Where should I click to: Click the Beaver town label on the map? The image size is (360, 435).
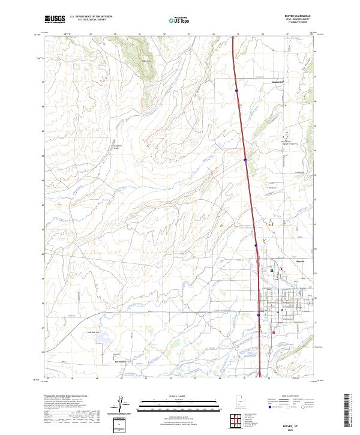tap(284, 262)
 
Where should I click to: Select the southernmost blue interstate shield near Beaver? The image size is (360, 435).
tap(259, 314)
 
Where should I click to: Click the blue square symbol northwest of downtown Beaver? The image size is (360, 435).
tap(271, 271)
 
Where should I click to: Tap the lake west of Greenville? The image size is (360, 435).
tap(95, 337)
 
